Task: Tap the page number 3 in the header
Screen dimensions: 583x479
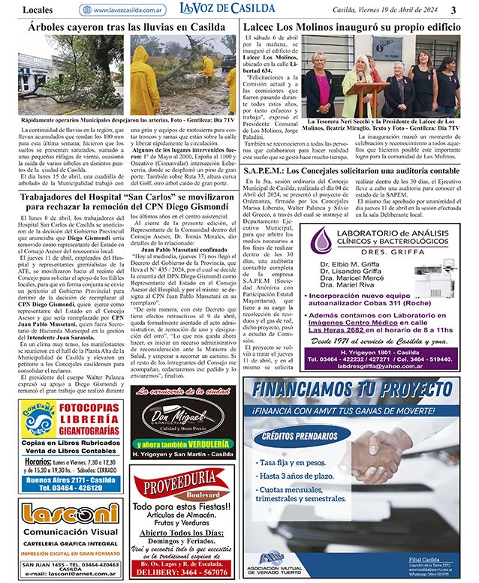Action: pos(453,10)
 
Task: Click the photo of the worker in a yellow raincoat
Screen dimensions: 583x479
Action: pos(155,79)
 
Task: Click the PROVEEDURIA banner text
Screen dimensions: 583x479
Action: pos(175,486)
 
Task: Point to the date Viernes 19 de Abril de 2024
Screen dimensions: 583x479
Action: pos(385,10)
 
